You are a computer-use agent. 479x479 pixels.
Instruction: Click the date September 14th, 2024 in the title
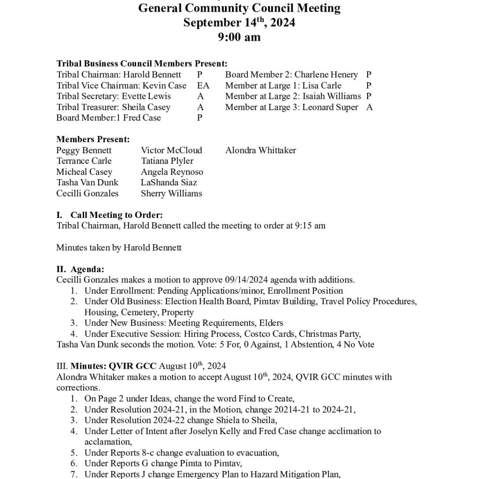[239, 22]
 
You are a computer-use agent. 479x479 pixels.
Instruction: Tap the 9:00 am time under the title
[239, 37]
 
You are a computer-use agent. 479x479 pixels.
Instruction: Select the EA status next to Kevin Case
[203, 86]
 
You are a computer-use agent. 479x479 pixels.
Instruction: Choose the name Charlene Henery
[326, 75]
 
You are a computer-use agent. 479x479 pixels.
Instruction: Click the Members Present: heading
[93, 139]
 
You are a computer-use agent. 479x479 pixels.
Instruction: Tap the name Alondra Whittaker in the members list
[261, 150]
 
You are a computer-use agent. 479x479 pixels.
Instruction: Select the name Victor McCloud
[171, 150]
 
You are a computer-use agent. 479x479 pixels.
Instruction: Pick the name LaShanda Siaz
[169, 182]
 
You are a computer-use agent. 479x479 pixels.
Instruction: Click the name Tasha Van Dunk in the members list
[87, 182]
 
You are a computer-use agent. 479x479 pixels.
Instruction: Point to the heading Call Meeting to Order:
[116, 215]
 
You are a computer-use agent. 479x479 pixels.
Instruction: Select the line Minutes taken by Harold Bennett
[119, 247]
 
